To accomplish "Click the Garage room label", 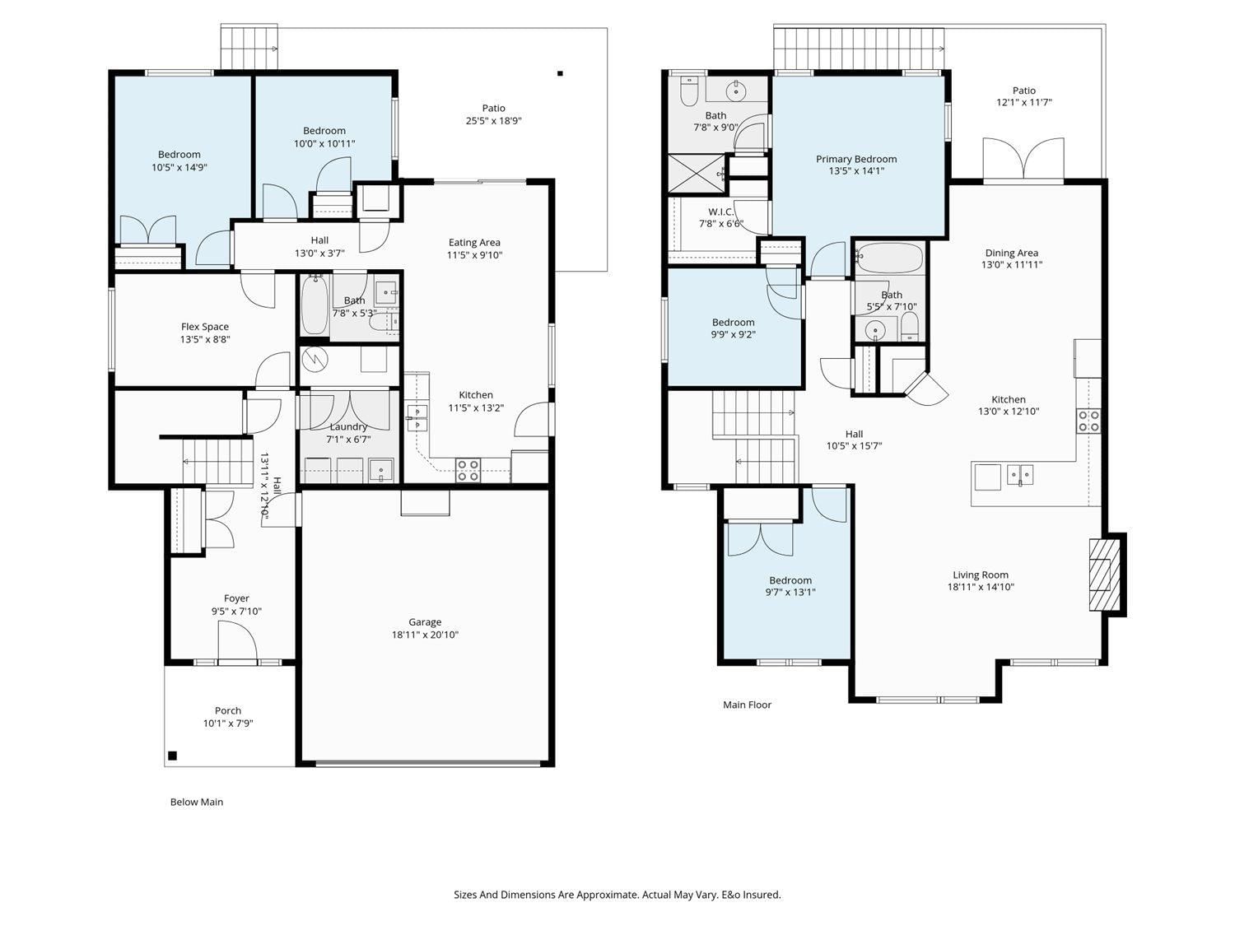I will pyautogui.click(x=425, y=621).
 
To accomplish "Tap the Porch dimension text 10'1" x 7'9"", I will pyautogui.click(x=228, y=724).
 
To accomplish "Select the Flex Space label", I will pyautogui.click(x=205, y=327).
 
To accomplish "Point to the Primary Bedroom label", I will pyautogui.click(x=856, y=159).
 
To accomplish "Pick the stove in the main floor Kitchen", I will pyautogui.click(x=1088, y=421).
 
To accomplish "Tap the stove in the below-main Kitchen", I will pyautogui.click(x=468, y=470).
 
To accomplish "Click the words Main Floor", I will pyautogui.click(x=747, y=705).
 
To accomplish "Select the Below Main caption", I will pyautogui.click(x=197, y=802).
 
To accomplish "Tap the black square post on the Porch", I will pyautogui.click(x=173, y=756).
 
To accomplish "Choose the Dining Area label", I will pyautogui.click(x=1011, y=253).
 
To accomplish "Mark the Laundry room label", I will pyautogui.click(x=348, y=426).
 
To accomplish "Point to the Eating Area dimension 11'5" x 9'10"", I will pyautogui.click(x=474, y=255).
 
